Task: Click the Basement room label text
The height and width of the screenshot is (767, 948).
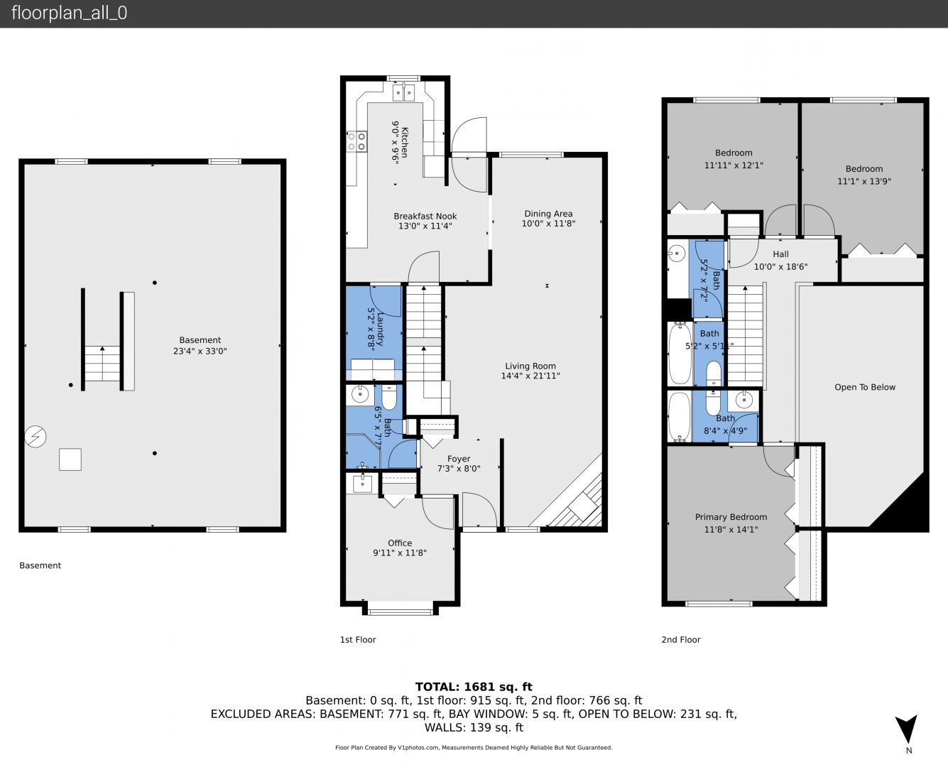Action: tap(200, 340)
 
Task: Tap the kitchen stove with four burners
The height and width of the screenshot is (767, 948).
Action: tap(356, 141)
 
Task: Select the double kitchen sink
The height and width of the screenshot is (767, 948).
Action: tap(403, 93)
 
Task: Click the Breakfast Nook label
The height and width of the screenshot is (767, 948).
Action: tap(425, 217)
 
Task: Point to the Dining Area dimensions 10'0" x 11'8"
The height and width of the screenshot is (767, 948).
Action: tap(548, 224)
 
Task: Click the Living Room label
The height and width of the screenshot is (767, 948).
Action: tap(530, 366)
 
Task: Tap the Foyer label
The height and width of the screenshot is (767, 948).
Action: tap(459, 459)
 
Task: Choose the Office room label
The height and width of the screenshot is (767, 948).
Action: tap(400, 543)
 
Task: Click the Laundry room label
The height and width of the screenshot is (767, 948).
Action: tap(380, 329)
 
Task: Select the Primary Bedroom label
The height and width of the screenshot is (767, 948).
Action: tap(731, 517)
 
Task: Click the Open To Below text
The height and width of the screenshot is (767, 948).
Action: tap(865, 387)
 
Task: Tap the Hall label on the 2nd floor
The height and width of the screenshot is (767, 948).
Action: tap(780, 254)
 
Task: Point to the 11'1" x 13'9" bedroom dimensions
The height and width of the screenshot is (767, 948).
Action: tap(864, 181)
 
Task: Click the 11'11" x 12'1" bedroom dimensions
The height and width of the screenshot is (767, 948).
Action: tap(734, 165)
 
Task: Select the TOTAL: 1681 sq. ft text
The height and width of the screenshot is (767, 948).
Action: tap(474, 687)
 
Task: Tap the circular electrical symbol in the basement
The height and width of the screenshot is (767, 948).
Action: tap(36, 437)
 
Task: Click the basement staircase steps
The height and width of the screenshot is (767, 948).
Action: tap(102, 363)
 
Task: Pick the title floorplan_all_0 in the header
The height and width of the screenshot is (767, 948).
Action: tap(69, 13)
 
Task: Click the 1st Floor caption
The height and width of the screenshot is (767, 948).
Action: tap(358, 640)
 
